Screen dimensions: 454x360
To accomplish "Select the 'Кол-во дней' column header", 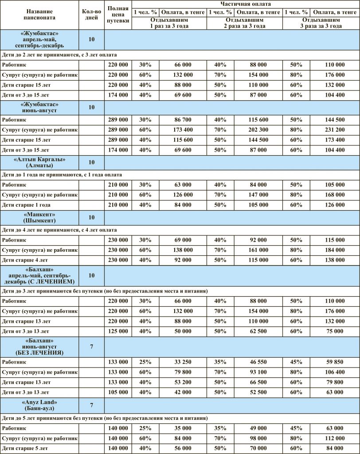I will (92, 16).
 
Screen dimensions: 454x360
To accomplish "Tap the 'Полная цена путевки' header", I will (118, 16).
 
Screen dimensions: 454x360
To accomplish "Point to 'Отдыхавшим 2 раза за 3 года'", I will (245, 23).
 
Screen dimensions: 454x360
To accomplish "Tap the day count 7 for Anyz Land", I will (92, 405).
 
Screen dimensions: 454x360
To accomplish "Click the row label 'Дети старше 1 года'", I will (26, 205).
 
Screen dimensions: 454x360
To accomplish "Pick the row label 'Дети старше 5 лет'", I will (25, 448).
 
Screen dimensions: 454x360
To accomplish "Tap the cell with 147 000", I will (258, 195).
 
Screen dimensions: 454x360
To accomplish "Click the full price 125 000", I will (118, 331).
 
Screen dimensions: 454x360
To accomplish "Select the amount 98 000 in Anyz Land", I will (258, 438).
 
